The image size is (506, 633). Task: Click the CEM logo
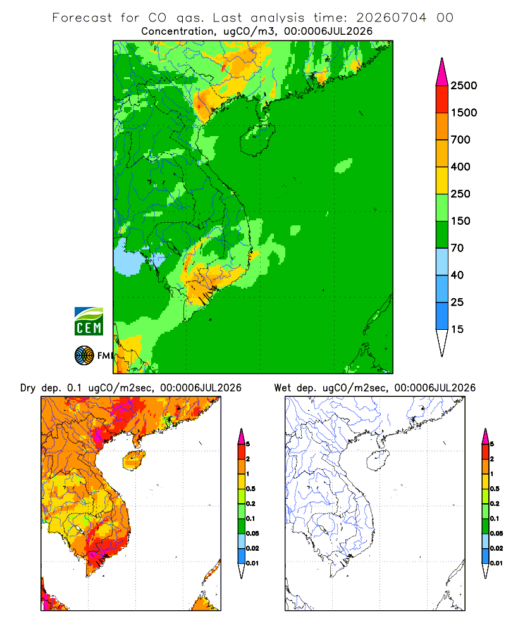[89, 322]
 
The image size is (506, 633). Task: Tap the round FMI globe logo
[84, 356]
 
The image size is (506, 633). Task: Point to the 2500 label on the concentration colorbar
[464, 85]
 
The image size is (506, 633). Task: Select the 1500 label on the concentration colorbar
[464, 113]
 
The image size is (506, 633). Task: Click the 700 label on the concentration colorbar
[460, 140]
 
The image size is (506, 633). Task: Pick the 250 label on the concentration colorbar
[460, 194]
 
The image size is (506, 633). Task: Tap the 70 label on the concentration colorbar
[457, 248]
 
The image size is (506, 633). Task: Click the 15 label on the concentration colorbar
[457, 329]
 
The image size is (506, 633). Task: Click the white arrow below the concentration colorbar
[442, 341]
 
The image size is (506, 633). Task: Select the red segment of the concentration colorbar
[442, 99]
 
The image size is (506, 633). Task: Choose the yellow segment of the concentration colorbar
[442, 180]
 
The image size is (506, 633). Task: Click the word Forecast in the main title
[82, 18]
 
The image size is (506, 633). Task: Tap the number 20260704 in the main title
[391, 18]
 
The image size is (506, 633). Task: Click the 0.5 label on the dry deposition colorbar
[250, 489]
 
